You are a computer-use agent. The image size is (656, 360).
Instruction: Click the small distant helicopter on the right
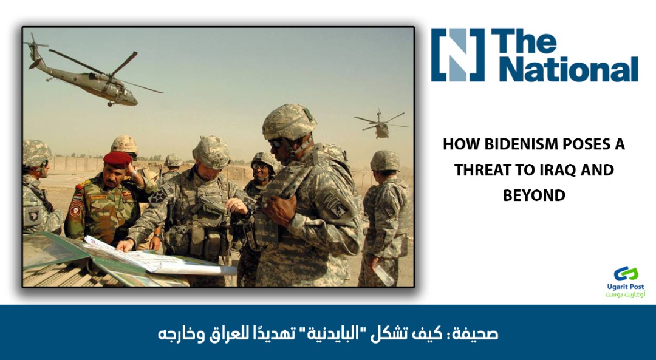click(381, 124)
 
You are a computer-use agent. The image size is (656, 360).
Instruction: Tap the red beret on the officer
click(118, 160)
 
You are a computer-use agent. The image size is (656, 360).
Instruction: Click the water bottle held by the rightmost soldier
click(384, 274)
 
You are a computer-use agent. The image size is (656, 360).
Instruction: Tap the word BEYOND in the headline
click(534, 195)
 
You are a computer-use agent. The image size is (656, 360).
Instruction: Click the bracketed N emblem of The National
click(458, 55)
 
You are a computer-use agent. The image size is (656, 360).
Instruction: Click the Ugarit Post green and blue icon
click(626, 274)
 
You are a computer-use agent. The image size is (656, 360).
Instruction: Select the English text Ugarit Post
click(626, 287)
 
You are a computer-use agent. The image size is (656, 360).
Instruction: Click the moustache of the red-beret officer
click(111, 182)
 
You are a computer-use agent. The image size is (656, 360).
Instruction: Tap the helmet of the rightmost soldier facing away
click(385, 160)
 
